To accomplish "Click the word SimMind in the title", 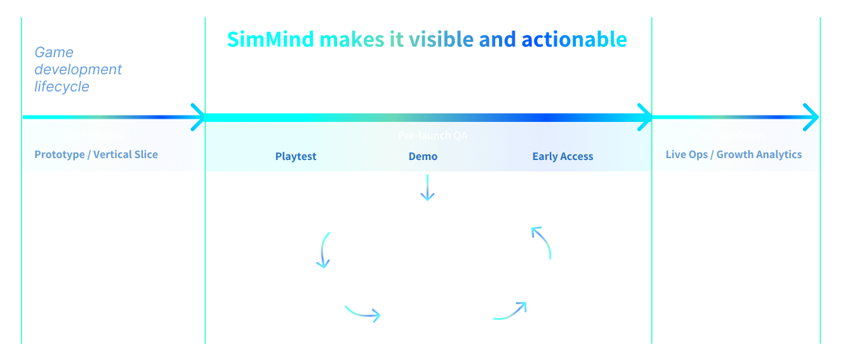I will [x=270, y=39].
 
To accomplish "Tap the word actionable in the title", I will [x=574, y=39].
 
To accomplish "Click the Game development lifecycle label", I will [x=78, y=69].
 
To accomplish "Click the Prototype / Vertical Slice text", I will [x=96, y=154].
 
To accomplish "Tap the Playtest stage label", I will [x=296, y=156].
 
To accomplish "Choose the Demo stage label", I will [x=423, y=156].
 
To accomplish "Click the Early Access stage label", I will [x=562, y=156].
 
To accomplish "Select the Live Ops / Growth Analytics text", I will [x=733, y=154].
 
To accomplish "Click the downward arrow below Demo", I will [x=427, y=188].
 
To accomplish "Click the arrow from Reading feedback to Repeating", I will [x=324, y=250].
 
